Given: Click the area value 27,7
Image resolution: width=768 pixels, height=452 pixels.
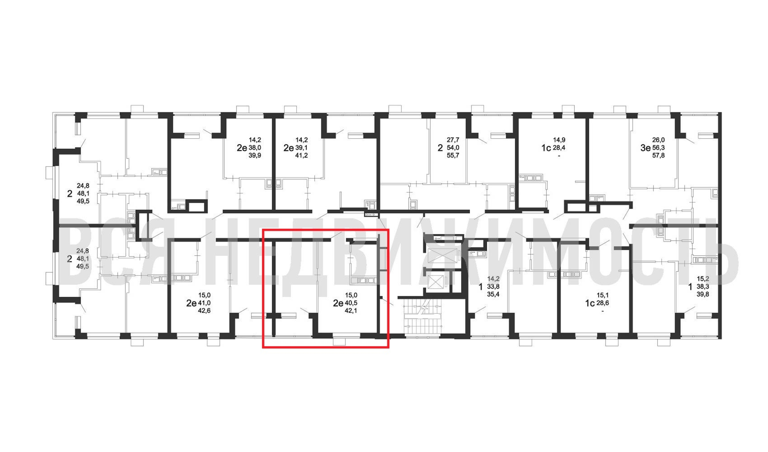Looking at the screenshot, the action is [453, 140].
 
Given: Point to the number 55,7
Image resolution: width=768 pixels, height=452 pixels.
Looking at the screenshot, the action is [453, 155].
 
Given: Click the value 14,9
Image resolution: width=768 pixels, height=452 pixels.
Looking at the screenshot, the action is [559, 140].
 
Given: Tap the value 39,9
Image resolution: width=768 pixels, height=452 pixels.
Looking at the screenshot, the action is [255, 155].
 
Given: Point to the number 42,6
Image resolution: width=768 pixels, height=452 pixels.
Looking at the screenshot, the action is [204, 311].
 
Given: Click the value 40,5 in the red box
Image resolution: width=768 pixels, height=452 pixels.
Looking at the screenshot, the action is [351, 303].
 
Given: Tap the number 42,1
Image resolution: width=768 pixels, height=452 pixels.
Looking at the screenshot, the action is [351, 311].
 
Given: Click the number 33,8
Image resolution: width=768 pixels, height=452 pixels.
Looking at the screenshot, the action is [493, 287].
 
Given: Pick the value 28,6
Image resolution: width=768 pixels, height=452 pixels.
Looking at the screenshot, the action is [603, 303].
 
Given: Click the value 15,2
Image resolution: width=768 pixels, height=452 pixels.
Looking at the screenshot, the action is [703, 279].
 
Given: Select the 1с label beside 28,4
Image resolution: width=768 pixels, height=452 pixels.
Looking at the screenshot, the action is [546, 148].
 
